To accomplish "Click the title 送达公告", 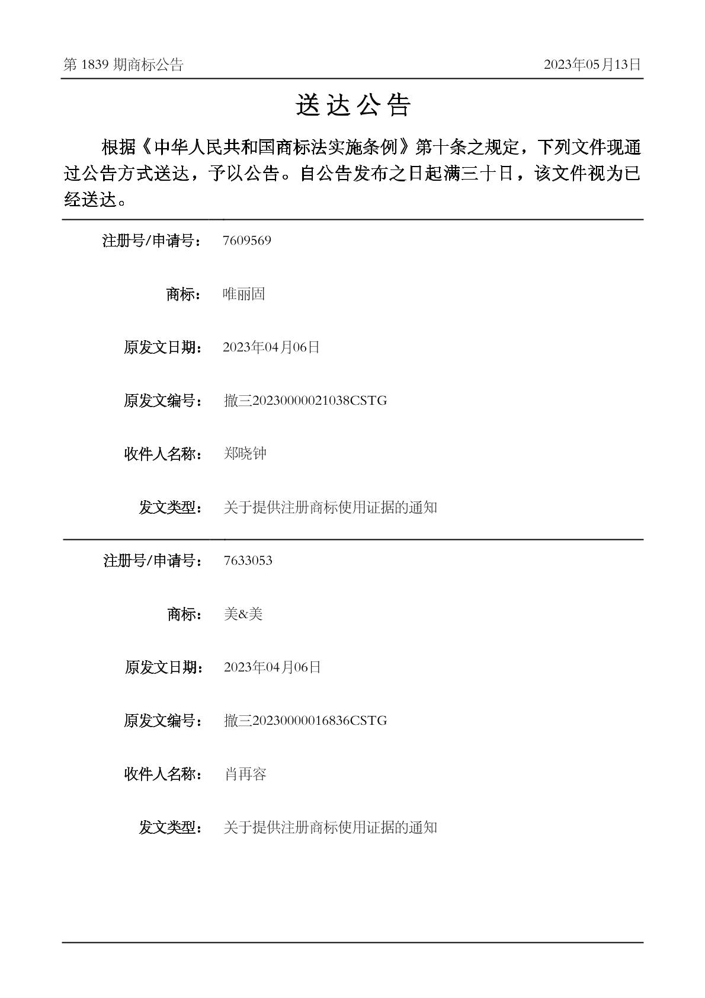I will tap(353, 105).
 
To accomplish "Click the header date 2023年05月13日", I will tap(592, 65).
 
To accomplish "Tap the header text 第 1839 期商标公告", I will tap(123, 65).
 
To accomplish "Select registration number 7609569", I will tap(246, 241).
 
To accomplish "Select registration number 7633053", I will tap(248, 561).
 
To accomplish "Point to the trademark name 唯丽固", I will tap(243, 294).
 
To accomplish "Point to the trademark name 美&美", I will tap(243, 614).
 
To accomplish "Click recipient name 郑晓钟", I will tap(245, 454).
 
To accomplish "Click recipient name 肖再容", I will tap(245, 774).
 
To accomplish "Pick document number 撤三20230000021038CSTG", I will tap(305, 401).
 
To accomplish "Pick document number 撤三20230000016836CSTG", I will tap(305, 721).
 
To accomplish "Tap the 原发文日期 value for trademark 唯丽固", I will tap(271, 347).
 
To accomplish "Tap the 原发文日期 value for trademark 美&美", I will tap(272, 667).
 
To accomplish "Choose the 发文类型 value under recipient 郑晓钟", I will tap(330, 507).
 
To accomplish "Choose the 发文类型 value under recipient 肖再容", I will tap(330, 827).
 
